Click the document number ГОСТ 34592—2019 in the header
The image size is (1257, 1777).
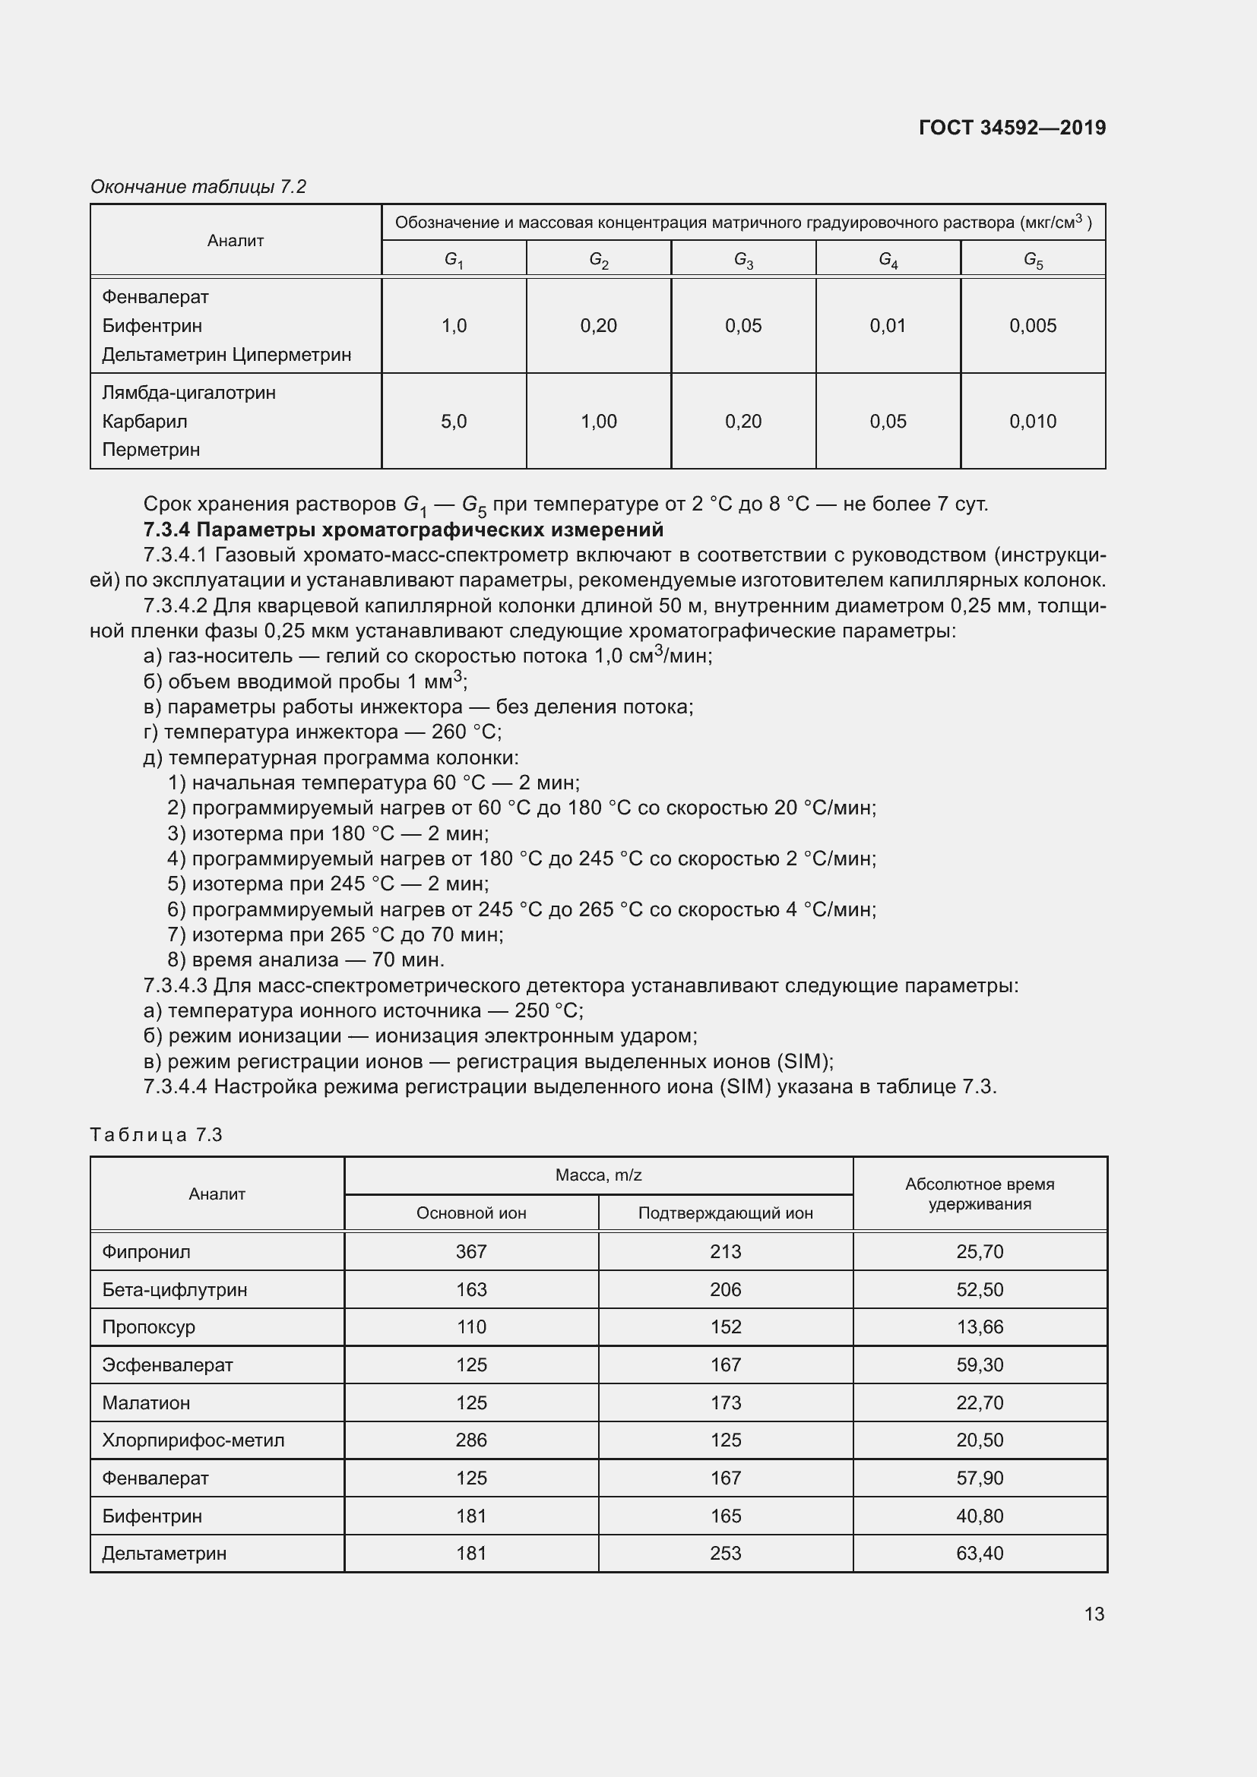click(x=1012, y=128)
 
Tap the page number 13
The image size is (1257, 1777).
click(x=1094, y=1614)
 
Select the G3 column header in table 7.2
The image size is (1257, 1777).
click(x=743, y=259)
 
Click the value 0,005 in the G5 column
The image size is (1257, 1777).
click(x=1033, y=326)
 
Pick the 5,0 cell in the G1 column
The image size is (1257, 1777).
click(x=454, y=422)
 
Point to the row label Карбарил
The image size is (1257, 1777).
click(x=144, y=422)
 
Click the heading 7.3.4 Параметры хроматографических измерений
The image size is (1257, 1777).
click(x=404, y=530)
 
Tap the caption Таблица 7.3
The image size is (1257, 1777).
click(x=157, y=1134)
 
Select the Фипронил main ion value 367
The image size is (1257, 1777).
click(x=470, y=1251)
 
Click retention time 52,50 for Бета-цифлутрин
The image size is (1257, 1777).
click(x=979, y=1289)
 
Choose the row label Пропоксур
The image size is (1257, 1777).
click(x=149, y=1326)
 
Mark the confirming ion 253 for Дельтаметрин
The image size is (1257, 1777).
click(x=725, y=1554)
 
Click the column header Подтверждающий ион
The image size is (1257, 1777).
click(x=725, y=1213)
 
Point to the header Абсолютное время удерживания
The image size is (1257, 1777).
click(x=979, y=1194)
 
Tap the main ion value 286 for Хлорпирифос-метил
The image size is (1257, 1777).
click(x=470, y=1440)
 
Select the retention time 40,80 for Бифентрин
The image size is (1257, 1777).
click(x=979, y=1516)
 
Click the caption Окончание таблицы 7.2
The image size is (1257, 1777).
click(x=198, y=187)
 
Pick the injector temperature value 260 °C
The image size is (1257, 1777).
click(x=466, y=732)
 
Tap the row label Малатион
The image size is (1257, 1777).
click(x=145, y=1402)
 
